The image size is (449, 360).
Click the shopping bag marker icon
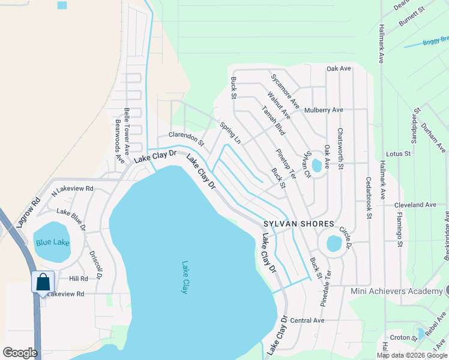43,281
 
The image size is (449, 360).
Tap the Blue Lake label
52,242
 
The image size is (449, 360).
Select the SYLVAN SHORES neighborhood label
298,224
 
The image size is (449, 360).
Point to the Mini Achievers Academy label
396,291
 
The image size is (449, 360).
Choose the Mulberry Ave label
324,110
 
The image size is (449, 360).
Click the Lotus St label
398,154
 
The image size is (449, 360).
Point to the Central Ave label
307,320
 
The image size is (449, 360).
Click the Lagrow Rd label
28,211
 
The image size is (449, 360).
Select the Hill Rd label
78,278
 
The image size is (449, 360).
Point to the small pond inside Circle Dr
334,244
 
